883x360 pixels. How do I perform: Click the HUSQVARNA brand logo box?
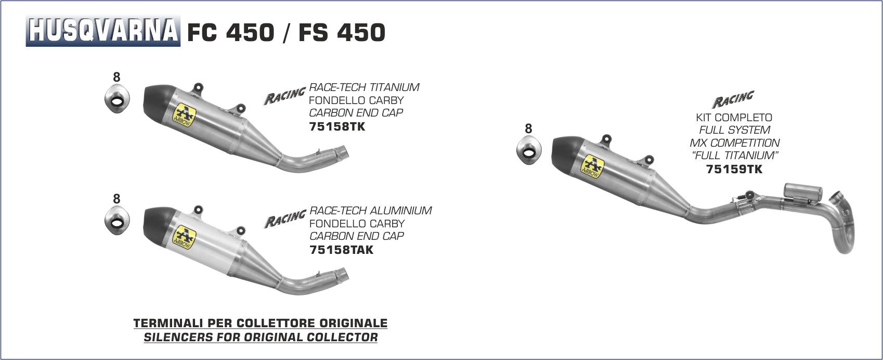pos(103,31)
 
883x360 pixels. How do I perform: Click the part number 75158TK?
pos(337,126)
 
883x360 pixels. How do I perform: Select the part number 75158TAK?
pos(341,250)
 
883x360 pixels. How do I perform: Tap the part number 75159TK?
pos(734,169)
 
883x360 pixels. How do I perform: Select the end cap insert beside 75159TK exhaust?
pos(528,149)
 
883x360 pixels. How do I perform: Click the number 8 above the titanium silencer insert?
pos(116,77)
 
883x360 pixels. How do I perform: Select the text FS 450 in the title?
pos(342,33)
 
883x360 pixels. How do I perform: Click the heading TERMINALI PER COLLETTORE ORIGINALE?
pos(261,323)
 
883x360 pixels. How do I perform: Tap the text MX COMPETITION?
pos(734,143)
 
